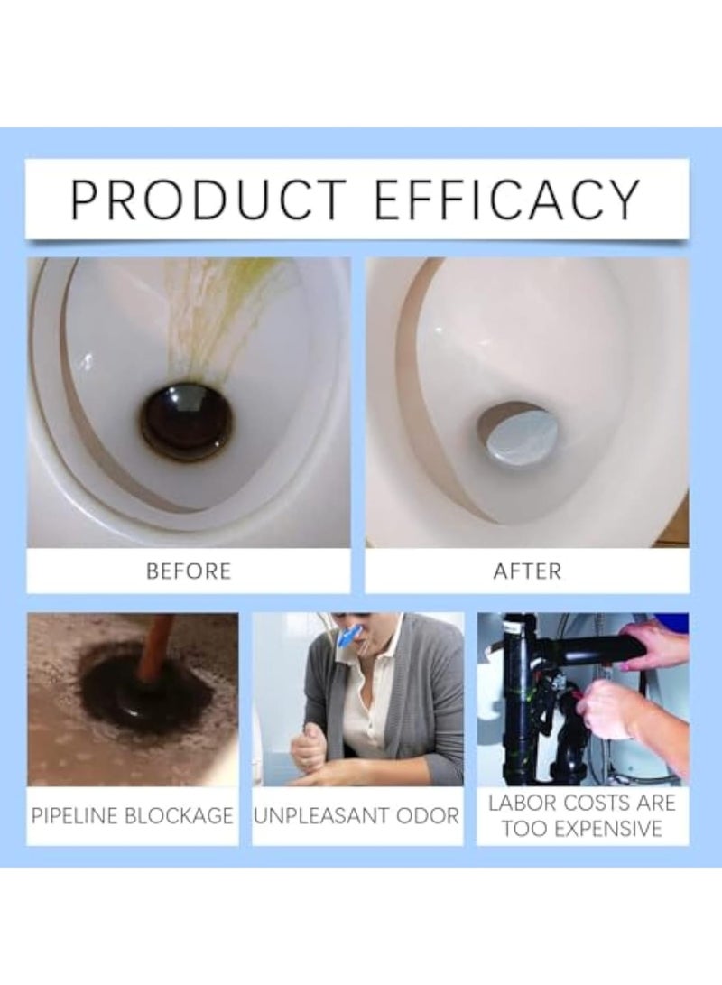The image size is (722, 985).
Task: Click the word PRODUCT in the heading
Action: tap(208, 200)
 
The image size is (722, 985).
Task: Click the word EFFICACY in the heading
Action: tap(507, 200)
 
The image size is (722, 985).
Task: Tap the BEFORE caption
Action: tap(188, 571)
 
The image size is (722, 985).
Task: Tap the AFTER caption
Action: tap(527, 571)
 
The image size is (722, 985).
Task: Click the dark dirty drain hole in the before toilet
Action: tap(187, 421)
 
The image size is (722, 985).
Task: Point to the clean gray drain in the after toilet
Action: tap(516, 432)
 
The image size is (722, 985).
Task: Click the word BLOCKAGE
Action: tap(189, 816)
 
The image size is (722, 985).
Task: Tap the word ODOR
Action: tap(428, 816)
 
